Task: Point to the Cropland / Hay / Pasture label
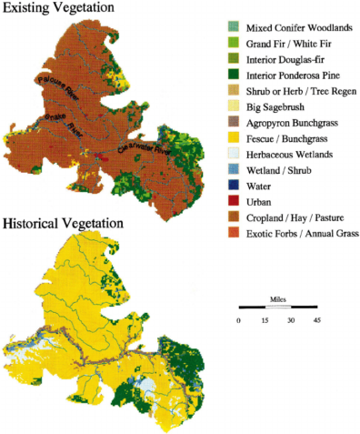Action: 296,221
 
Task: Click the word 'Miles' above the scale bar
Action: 278,298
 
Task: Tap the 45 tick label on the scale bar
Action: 317,320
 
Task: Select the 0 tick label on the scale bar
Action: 239,320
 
